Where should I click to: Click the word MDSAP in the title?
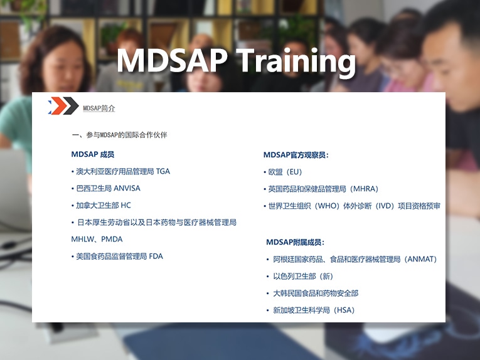tap(173, 60)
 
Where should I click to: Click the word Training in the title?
tap(296, 62)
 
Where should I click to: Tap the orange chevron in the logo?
tap(58, 105)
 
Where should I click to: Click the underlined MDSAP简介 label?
tap(99, 109)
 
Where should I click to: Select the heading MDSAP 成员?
tap(92, 154)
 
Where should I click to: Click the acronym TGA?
tap(163, 171)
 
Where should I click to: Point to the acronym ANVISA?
tap(127, 188)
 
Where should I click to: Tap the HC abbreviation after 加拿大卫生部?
tap(126, 205)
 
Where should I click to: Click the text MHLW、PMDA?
tap(97, 239)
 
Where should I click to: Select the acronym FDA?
tap(156, 257)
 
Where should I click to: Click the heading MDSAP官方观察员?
tap(296, 155)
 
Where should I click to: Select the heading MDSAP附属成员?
tap(295, 242)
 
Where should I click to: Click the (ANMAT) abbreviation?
tap(420, 260)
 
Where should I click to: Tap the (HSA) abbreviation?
tap(344, 310)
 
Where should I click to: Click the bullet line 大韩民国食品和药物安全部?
tap(316, 294)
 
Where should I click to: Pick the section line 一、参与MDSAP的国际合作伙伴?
tap(119, 135)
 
